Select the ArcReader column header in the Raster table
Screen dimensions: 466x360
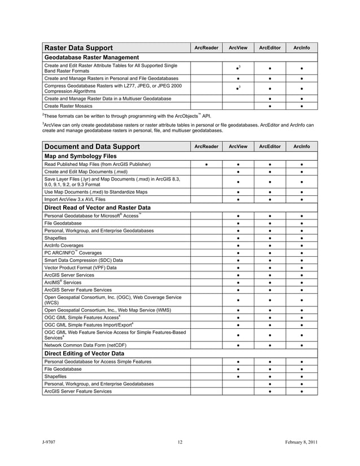(x=206, y=48)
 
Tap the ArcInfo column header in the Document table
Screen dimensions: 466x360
(x=301, y=147)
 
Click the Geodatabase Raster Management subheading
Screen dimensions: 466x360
(x=91, y=58)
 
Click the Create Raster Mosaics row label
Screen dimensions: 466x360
(x=69, y=106)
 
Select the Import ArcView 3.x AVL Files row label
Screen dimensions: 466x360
(x=74, y=199)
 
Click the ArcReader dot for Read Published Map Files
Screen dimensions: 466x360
(x=207, y=164)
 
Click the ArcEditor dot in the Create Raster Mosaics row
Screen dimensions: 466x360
(x=270, y=106)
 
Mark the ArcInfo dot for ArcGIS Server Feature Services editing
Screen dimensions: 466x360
(x=302, y=391)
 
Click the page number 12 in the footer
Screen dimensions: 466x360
(x=179, y=442)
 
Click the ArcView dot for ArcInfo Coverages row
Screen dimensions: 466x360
(x=238, y=245)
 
